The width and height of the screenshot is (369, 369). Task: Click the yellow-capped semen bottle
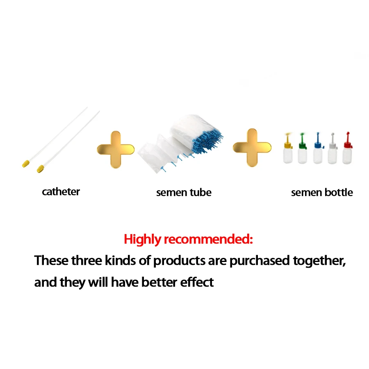(288, 152)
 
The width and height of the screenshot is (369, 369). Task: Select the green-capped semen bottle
(303, 152)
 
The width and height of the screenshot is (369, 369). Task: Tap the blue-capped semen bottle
(317, 152)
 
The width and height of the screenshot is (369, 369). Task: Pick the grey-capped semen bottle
(332, 152)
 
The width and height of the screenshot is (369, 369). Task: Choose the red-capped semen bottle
(347, 152)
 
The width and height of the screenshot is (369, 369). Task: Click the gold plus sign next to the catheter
(116, 149)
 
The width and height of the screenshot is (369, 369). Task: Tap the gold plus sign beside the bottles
(252, 148)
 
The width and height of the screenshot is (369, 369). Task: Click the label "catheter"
(61, 191)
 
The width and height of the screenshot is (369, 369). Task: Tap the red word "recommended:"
(209, 239)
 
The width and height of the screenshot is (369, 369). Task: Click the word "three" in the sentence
(86, 260)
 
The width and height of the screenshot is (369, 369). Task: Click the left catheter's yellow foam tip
(26, 164)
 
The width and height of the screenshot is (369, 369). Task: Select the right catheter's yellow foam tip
(40, 168)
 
